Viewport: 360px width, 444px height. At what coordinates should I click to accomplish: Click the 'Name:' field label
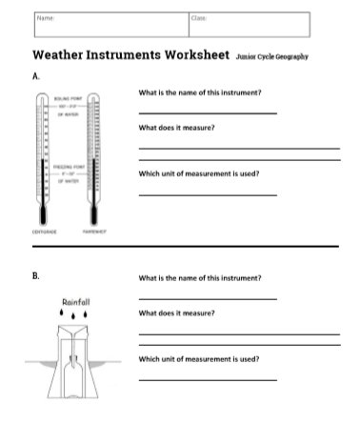coord(44,17)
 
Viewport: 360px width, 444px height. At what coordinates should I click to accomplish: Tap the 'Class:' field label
coord(199,17)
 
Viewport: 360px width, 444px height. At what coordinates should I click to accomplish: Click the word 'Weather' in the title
coord(66,55)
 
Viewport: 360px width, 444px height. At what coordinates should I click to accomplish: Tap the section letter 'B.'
coord(36,277)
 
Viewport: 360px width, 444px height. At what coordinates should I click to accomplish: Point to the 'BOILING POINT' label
coord(68,96)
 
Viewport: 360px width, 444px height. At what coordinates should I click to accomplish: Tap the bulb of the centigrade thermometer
coord(42,215)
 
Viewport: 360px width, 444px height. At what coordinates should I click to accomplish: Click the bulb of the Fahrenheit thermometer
coord(92,215)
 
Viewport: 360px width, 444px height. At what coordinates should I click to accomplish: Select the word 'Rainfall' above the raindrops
coord(74,301)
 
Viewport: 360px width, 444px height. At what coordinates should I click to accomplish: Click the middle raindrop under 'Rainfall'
coord(74,313)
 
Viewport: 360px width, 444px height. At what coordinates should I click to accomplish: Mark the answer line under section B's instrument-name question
coord(208,298)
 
